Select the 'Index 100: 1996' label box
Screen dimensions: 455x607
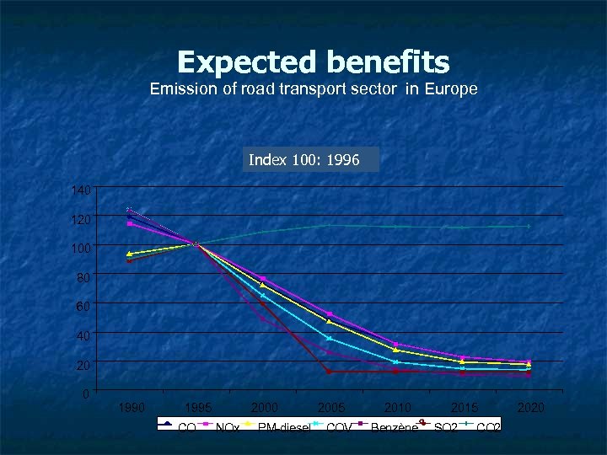point(311,160)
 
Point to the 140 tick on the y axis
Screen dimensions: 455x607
point(81,191)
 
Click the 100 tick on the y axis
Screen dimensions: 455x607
point(81,249)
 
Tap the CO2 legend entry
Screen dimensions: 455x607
point(489,428)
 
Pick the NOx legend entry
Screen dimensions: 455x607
point(228,428)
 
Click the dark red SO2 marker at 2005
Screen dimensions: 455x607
point(329,372)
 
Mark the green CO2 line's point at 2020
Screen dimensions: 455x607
point(529,226)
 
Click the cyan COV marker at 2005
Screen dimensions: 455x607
point(329,339)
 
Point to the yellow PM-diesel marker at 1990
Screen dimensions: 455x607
point(129,254)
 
